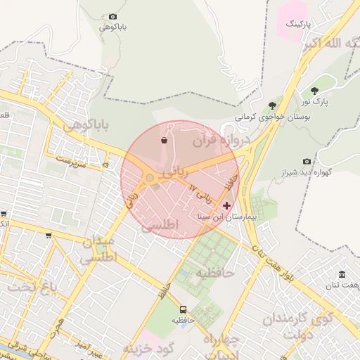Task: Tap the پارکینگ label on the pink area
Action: (297, 23)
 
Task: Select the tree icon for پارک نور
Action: (314, 91)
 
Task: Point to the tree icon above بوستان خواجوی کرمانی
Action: (272, 105)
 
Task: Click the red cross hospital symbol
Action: (226, 205)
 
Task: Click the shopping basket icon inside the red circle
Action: (164, 140)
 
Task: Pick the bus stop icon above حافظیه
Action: (183, 309)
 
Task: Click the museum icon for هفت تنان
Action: (342, 274)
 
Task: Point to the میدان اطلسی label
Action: (98, 250)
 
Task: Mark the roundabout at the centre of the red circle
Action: (150, 178)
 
